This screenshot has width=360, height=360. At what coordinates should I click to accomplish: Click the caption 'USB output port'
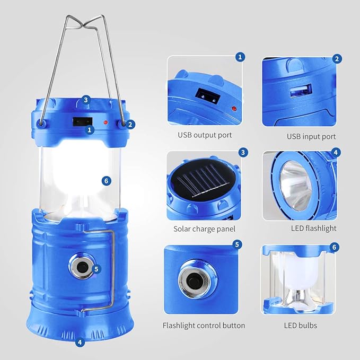204,135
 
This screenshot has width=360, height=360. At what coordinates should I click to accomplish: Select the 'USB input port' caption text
311,136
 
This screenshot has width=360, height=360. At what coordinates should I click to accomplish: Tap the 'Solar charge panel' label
204,229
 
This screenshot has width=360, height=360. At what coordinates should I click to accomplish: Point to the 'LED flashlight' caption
314,229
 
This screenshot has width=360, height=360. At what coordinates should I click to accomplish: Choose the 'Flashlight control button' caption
204,326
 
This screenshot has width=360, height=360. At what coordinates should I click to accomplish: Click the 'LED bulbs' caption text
300,325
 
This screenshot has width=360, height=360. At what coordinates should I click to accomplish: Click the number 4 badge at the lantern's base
80,342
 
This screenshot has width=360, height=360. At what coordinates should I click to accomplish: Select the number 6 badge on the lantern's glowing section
107,180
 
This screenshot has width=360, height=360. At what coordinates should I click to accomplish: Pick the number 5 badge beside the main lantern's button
96,269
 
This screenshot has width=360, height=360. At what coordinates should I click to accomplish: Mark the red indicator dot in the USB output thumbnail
232,109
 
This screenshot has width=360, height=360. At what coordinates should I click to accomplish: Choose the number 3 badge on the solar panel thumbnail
243,152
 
